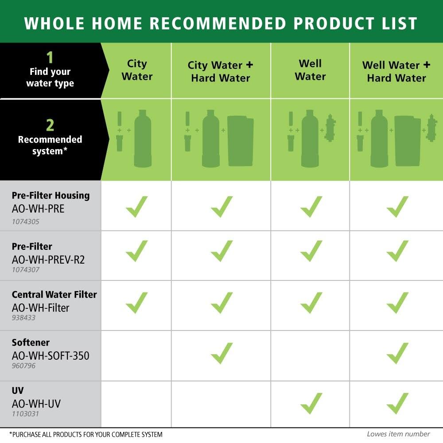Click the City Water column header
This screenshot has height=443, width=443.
tap(137, 70)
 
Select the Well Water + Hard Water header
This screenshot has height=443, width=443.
tap(396, 71)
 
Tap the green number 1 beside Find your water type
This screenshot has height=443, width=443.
tap(50, 57)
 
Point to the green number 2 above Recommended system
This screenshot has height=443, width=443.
tap(50, 125)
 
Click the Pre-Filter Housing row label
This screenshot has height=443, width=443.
tap(51, 195)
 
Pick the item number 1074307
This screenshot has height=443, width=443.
tap(25, 269)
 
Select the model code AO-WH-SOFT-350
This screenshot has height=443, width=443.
tap(51, 356)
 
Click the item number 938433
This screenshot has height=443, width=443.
tap(23, 318)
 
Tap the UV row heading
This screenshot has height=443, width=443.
tap(18, 390)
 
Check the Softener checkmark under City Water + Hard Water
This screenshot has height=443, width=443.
tap(222, 353)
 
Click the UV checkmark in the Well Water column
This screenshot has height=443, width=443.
tap(311, 403)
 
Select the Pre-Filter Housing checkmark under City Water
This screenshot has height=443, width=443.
tap(137, 206)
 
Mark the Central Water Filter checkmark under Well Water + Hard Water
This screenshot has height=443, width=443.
tap(397, 303)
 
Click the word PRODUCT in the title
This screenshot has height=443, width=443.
tap(334, 23)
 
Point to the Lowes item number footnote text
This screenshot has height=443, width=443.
tap(398, 434)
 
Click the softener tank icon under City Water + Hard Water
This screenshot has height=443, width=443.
tap(241, 141)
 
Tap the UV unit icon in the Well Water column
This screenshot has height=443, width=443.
tap(330, 128)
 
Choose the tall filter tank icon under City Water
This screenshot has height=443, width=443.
tap(143, 138)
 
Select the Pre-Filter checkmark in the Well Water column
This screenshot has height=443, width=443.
tap(311, 251)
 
